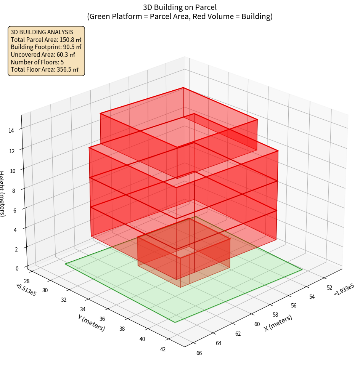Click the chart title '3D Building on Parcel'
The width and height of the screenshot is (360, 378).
coord(180,7)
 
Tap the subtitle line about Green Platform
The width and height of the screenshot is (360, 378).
coord(180,16)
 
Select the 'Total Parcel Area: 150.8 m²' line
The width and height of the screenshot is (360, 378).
coord(46,40)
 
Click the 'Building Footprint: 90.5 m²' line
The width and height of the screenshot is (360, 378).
coord(46,47)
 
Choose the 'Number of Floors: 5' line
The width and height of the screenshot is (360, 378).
coord(37,62)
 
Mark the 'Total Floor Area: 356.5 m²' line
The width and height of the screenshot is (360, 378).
coord(45,69)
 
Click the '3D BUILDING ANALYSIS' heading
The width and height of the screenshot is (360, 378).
coord(42,32)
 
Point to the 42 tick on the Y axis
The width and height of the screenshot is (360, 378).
coord(163,349)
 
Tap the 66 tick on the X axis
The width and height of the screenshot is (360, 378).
coord(199,353)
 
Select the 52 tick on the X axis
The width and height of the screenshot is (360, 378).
coord(329,288)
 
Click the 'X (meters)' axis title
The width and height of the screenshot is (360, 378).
coord(278,323)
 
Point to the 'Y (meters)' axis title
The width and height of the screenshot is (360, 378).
coord(92,323)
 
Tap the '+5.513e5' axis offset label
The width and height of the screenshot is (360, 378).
coord(26,290)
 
